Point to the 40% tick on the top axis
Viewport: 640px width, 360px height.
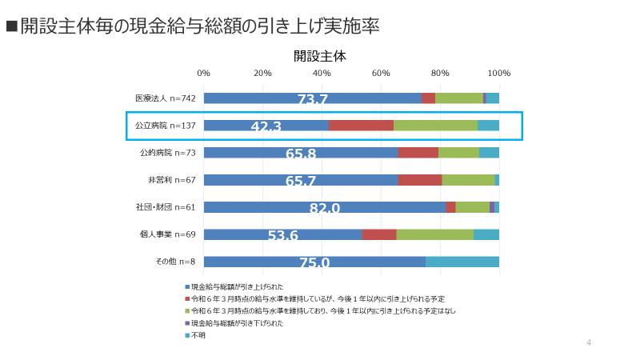click(x=322, y=73)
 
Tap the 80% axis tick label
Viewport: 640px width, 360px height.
click(x=440, y=73)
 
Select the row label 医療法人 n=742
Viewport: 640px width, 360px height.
click(x=166, y=98)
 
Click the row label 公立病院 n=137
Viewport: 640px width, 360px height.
click(x=166, y=126)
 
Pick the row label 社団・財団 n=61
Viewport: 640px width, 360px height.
click(x=166, y=207)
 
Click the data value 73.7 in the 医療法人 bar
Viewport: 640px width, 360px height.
click(x=312, y=99)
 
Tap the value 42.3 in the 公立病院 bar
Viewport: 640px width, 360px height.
click(x=266, y=126)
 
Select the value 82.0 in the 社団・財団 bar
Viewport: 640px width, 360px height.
click(x=325, y=208)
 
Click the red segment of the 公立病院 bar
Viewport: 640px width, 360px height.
click(x=361, y=126)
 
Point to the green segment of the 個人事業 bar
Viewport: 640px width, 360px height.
click(x=434, y=234)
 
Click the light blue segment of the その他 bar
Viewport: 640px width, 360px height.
click(x=462, y=262)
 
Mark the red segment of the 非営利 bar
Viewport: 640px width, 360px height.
click(x=419, y=180)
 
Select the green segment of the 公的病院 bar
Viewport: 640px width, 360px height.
click(x=458, y=153)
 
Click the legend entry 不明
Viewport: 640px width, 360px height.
click(x=198, y=335)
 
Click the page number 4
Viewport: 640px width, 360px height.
click(x=589, y=343)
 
